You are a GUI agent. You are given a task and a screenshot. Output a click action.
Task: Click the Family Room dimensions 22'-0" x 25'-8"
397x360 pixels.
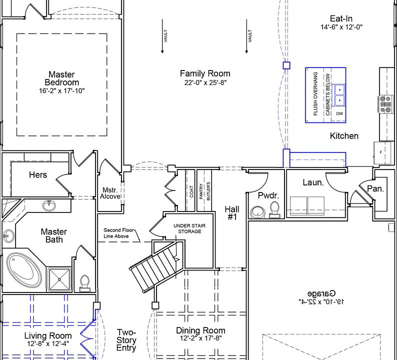pyautogui.click(x=205, y=83)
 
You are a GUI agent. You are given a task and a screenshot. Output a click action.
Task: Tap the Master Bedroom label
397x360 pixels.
pyautogui.click(x=62, y=78)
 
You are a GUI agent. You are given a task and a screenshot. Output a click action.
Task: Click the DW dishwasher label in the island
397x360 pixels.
pyautogui.click(x=339, y=113)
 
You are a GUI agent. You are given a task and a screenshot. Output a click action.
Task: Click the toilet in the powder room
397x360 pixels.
pyautogui.click(x=274, y=210)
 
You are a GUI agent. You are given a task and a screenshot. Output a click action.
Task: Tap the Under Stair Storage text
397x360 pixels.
pyautogui.click(x=189, y=228)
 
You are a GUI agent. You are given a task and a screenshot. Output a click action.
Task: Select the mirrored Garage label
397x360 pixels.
pyautogui.click(x=321, y=293)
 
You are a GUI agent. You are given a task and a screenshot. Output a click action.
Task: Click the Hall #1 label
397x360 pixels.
pyautogui.click(x=232, y=213)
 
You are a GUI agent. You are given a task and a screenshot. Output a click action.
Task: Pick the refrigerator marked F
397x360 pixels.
pyautogui.click(x=382, y=152)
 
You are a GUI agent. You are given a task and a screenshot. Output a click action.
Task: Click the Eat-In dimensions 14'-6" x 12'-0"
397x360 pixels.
pyautogui.click(x=341, y=27)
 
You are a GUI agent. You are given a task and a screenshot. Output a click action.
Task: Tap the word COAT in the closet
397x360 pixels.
pyautogui.click(x=191, y=191)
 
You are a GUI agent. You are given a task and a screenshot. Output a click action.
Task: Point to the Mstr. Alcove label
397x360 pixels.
pyautogui.click(x=110, y=193)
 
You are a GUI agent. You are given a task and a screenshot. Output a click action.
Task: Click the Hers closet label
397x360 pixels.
pyautogui.click(x=38, y=174)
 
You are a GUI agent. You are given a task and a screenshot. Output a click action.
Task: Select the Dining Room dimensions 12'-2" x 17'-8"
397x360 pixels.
pyautogui.click(x=201, y=338)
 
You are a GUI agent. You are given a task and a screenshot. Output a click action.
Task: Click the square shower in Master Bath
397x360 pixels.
pyautogui.click(x=59, y=279)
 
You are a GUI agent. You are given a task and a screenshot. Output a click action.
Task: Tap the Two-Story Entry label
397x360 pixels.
pyautogui.click(x=126, y=340)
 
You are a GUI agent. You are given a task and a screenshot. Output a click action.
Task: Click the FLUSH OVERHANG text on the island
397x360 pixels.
pyautogui.click(x=315, y=94)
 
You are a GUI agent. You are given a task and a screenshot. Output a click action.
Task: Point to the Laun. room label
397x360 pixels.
pyautogui.click(x=313, y=182)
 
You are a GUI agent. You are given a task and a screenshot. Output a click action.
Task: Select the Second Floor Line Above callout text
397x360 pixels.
pyautogui.click(x=118, y=233)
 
